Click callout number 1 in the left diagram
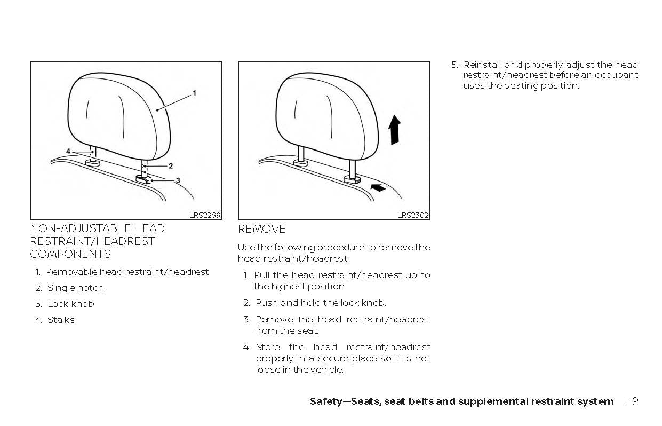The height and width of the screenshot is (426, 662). pyautogui.click(x=195, y=93)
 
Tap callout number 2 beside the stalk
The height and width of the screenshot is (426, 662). pyautogui.click(x=171, y=166)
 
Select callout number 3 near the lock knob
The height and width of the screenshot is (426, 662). pyautogui.click(x=178, y=180)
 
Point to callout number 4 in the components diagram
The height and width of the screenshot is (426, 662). pyautogui.click(x=68, y=151)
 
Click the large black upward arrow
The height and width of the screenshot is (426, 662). pyautogui.click(x=395, y=130)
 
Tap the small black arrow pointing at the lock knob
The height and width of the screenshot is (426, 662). pyautogui.click(x=378, y=187)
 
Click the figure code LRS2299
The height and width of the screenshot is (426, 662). pyautogui.click(x=205, y=215)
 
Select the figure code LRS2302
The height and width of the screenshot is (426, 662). pyautogui.click(x=413, y=215)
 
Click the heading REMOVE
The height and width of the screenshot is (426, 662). pyautogui.click(x=261, y=229)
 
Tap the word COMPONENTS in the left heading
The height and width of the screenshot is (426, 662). pyautogui.click(x=70, y=254)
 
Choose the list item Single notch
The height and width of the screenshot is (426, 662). pyautogui.click(x=76, y=288)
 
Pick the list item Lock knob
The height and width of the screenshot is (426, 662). pyautogui.click(x=71, y=304)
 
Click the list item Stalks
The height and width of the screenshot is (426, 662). pyautogui.click(x=61, y=320)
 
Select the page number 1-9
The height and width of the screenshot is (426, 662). pyautogui.click(x=631, y=401)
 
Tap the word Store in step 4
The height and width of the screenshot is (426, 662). pyautogui.click(x=268, y=347)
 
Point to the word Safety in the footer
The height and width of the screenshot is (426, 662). pyautogui.click(x=326, y=402)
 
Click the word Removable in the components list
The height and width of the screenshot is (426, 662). pyautogui.click(x=71, y=272)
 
